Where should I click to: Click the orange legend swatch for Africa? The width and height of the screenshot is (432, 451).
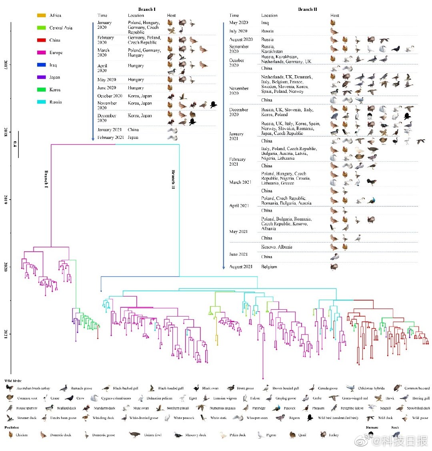41,15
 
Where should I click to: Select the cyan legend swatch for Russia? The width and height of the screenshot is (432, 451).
41,102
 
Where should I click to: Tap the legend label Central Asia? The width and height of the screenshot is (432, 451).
61,28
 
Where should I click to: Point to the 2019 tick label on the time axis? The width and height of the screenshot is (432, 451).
6,199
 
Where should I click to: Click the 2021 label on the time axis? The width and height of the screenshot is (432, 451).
6,334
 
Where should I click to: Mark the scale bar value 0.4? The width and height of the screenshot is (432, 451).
15,144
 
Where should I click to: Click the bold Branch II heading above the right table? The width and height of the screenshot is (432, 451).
308,9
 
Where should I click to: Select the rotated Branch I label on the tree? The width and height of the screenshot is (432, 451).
46,179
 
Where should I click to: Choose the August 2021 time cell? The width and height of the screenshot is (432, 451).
241,267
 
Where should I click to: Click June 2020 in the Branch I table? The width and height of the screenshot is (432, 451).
106,88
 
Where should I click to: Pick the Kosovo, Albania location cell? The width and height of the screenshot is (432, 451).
276,247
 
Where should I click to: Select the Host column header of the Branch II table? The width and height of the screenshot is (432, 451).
334,16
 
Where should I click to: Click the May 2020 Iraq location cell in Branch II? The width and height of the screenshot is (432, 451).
265,23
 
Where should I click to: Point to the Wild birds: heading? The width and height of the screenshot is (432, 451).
13,381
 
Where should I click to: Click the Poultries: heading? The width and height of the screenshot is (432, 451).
12,427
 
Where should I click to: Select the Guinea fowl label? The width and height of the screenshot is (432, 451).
152,435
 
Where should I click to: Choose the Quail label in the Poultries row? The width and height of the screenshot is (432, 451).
302,435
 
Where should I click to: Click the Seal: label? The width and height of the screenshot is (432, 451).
395,427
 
